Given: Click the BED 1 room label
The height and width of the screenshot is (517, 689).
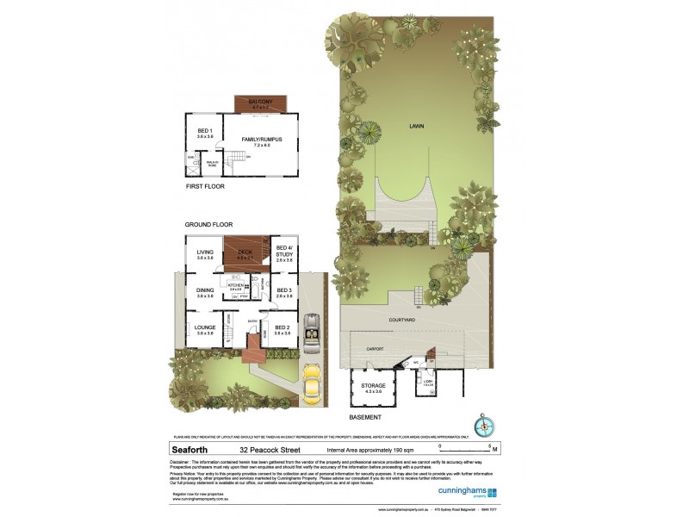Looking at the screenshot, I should (205, 133).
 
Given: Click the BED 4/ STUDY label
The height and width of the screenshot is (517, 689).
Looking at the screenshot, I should (283, 250).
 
